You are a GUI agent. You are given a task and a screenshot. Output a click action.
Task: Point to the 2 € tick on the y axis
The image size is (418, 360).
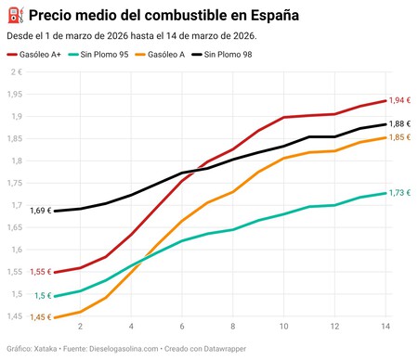(x=16, y=71)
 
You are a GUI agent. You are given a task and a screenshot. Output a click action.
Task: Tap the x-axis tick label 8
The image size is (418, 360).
(x=232, y=327)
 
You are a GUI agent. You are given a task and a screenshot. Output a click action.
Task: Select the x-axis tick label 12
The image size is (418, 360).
(x=333, y=327)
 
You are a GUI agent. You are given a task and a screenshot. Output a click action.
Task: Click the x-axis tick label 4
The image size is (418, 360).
(x=131, y=327)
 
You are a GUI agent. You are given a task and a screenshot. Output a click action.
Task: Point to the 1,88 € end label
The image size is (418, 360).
(x=400, y=123)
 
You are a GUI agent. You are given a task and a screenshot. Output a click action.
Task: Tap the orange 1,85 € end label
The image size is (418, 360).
(x=400, y=137)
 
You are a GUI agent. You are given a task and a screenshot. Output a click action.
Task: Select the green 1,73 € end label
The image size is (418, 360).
(x=400, y=192)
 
